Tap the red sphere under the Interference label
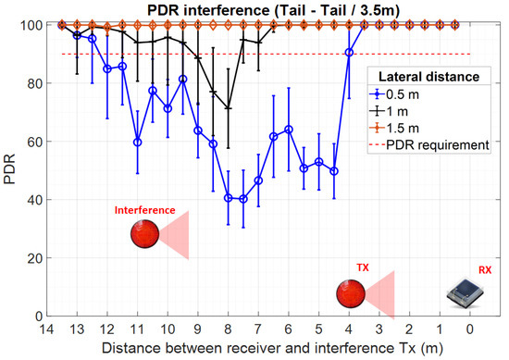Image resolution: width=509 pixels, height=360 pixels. [x=144, y=235]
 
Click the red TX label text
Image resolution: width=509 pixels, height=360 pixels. [x=363, y=267]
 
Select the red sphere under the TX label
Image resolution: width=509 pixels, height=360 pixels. [x=350, y=294]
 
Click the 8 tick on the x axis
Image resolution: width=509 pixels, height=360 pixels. [x=228, y=327]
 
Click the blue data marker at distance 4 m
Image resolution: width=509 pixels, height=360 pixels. [x=349, y=53]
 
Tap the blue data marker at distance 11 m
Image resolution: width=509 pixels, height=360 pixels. [x=137, y=143]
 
